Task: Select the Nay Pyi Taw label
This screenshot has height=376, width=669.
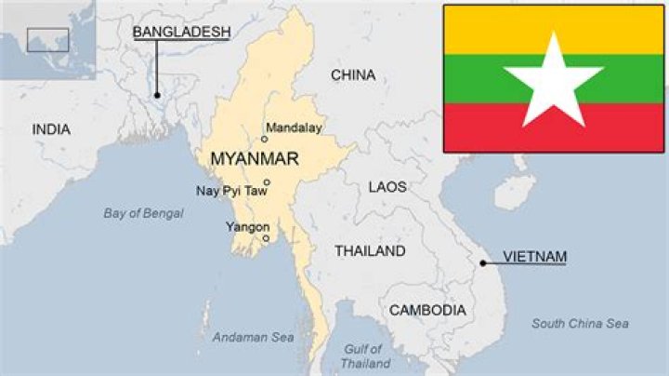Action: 230,192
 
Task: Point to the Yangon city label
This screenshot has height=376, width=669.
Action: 247,227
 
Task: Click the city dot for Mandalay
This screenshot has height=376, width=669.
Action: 264,139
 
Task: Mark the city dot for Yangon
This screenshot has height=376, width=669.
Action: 266,238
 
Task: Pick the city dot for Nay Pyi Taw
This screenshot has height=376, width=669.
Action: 267,182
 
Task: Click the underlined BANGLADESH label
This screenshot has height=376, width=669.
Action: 181,33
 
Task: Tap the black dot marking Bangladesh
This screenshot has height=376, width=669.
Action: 157,95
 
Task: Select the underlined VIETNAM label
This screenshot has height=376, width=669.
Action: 534,256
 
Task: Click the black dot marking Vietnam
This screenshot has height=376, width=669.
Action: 483,263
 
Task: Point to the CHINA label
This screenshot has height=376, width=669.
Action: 353,75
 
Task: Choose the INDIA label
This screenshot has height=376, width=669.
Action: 51,129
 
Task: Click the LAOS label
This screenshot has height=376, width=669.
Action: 387,187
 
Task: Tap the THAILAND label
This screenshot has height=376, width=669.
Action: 370,251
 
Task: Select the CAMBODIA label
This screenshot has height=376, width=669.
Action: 427,310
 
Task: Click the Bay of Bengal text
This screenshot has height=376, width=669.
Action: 143,213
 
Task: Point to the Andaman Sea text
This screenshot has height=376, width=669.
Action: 253,337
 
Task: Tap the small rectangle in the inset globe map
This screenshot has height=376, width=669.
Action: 46,39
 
